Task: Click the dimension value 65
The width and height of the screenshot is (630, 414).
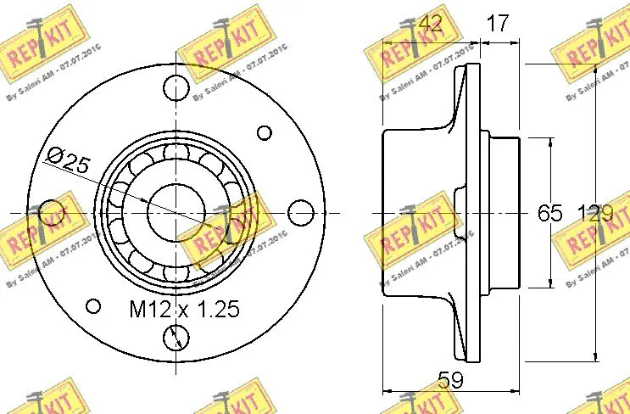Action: [x=549, y=213]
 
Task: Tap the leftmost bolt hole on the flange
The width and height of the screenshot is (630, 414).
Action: [x=52, y=211]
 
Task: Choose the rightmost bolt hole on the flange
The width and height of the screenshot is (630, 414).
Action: [x=300, y=211]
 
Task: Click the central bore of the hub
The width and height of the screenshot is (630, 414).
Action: [x=176, y=211]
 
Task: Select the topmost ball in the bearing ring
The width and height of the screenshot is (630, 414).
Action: [x=176, y=151]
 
